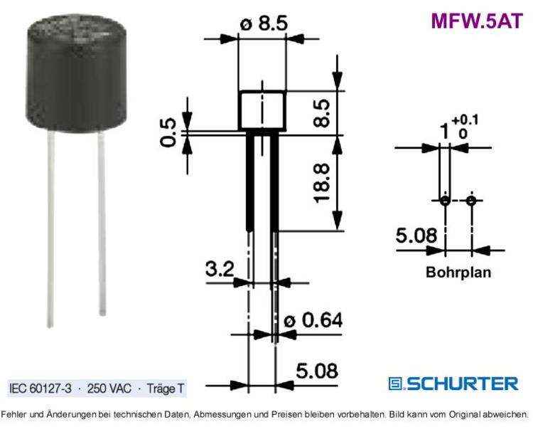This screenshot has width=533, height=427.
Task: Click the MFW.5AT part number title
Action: [477, 21]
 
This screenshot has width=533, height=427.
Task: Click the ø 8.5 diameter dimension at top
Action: [264, 23]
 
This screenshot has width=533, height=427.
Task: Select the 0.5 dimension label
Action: [168, 132]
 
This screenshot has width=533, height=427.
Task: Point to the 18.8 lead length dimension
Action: [321, 183]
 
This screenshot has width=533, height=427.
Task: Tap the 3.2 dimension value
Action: [220, 269]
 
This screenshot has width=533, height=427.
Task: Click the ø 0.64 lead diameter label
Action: [313, 320]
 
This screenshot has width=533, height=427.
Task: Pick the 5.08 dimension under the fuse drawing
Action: [317, 371]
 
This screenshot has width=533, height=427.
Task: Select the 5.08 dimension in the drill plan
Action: [416, 236]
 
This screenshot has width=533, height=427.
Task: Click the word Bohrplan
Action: [458, 273]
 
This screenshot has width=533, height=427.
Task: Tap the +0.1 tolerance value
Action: [465, 120]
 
